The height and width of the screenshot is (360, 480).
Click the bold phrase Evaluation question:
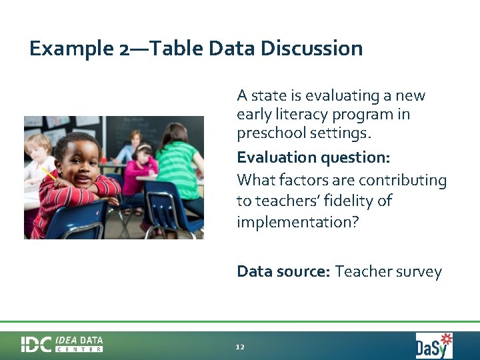[313, 158]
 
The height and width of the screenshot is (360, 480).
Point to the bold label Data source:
[283, 271]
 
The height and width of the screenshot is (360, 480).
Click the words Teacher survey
[388, 271]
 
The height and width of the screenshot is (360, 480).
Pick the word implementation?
[297, 221]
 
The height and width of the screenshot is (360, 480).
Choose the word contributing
[403, 180]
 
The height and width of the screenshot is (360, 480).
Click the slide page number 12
[240, 347]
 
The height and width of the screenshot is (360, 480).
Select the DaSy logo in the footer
[434, 345]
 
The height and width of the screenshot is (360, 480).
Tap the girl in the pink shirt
[140, 167]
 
